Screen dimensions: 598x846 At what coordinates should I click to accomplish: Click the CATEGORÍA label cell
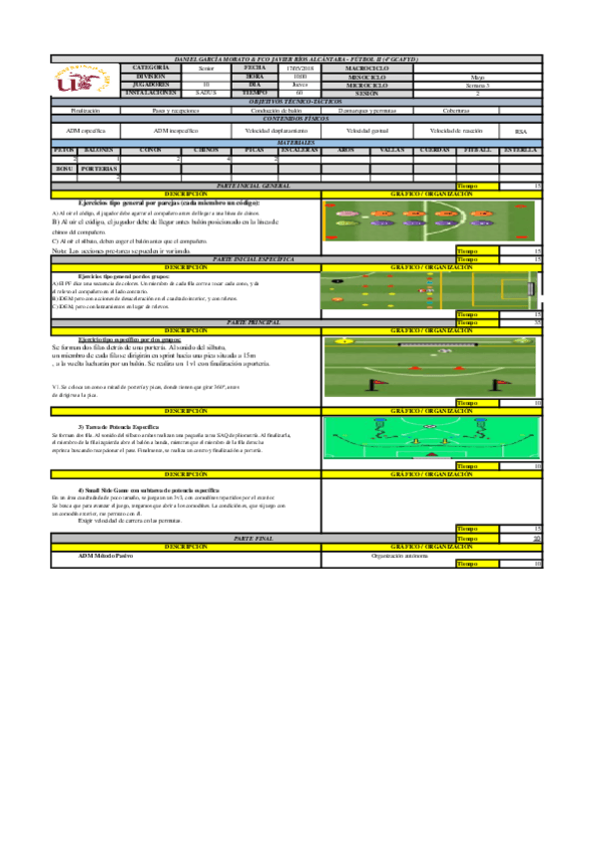pyautogui.click(x=152, y=68)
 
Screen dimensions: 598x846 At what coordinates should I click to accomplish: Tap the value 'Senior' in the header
pyautogui.click(x=206, y=68)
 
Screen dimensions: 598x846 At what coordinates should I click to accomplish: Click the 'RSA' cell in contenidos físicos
pyautogui.click(x=520, y=131)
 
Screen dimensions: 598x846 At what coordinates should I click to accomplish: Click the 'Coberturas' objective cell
pyautogui.click(x=455, y=110)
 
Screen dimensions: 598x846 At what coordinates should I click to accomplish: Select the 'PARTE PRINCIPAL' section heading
pyautogui.click(x=253, y=323)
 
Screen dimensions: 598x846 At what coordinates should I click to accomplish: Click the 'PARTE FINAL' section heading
pyautogui.click(x=253, y=537)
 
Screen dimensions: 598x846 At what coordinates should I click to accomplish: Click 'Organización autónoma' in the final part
pyautogui.click(x=399, y=554)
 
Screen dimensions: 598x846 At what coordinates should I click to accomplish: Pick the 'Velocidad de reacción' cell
pyautogui.click(x=455, y=131)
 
